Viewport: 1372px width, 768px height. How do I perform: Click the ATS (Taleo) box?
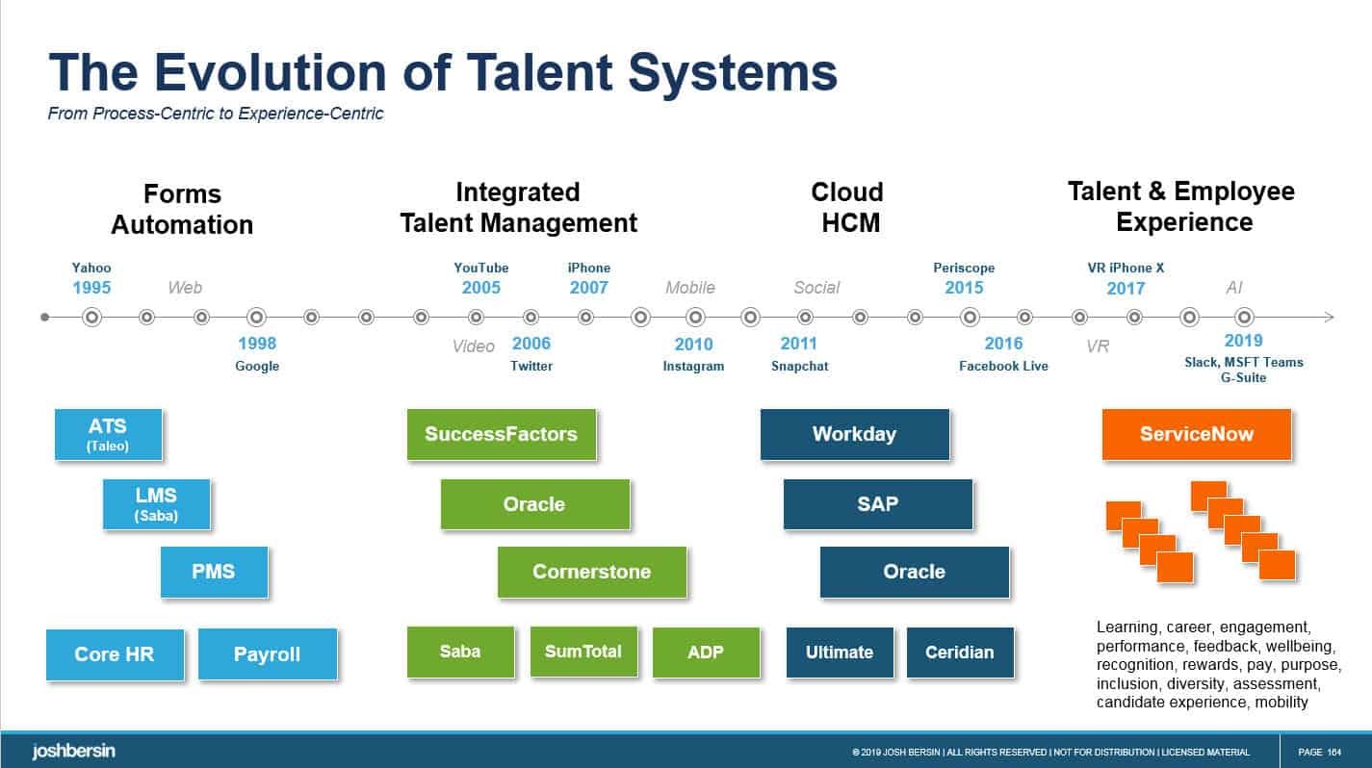(x=108, y=434)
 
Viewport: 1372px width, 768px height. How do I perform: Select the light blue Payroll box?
(x=267, y=654)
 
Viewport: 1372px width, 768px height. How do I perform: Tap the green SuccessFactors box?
(x=501, y=434)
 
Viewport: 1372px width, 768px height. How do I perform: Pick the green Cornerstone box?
(x=591, y=572)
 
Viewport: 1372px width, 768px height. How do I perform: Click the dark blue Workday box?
(x=854, y=434)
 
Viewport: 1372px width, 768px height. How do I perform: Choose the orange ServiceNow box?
(x=1196, y=434)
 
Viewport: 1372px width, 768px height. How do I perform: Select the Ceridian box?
(x=959, y=653)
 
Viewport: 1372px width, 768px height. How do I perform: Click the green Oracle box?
(x=534, y=504)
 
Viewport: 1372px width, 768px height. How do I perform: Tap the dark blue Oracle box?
(x=914, y=572)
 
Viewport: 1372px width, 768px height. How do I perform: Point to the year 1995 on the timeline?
(x=91, y=288)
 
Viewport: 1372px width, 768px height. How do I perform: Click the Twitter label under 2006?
(x=531, y=367)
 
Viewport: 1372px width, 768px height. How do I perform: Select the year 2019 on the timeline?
(x=1243, y=341)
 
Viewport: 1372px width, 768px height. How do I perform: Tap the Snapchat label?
(x=799, y=367)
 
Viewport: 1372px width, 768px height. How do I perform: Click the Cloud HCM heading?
(x=847, y=207)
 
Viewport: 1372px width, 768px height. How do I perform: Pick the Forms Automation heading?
(x=182, y=210)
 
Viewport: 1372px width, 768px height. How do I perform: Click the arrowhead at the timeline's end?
(x=1330, y=317)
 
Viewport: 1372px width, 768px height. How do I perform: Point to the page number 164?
(x=1333, y=753)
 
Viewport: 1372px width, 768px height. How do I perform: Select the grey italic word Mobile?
(x=690, y=288)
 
